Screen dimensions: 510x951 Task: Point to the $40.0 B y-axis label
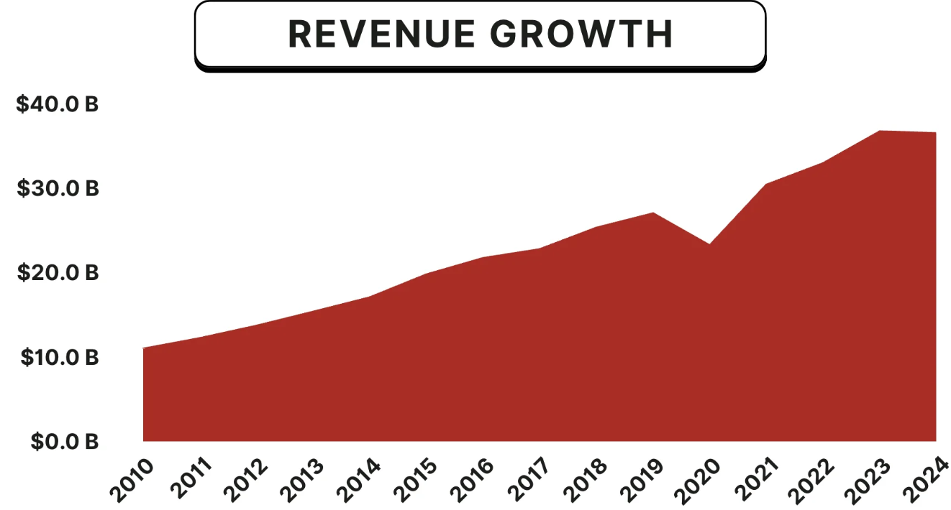pos(58,105)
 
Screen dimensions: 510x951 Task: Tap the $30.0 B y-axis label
pos(58,189)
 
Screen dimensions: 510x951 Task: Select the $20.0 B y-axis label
pos(58,273)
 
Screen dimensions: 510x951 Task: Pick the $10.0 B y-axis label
pos(58,357)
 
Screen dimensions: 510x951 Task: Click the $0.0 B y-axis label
pos(64,441)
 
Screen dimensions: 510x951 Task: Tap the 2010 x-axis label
pos(132,478)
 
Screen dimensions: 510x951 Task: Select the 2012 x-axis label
pos(245,478)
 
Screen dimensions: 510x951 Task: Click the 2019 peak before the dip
pos(653,213)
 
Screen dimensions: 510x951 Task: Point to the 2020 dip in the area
pos(710,244)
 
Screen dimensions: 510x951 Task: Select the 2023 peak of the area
pos(880,131)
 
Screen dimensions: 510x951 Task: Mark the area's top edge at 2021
pos(767,185)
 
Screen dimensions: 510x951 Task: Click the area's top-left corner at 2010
pos(144,348)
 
